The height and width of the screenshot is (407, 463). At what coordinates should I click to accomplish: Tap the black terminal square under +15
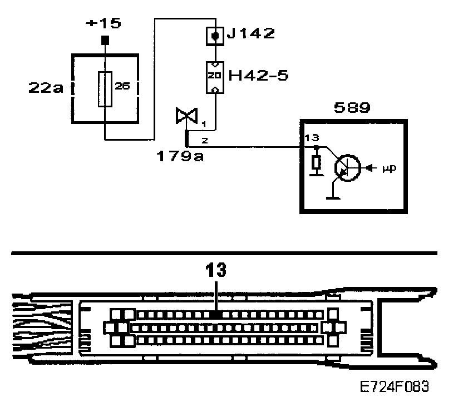tap(105, 41)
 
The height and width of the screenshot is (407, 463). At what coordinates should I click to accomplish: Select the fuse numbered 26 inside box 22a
tap(105, 89)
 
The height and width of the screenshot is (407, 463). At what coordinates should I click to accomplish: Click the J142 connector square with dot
tap(214, 34)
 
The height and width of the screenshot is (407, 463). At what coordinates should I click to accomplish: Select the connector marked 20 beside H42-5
tap(215, 76)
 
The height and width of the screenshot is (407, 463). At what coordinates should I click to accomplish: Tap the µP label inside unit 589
tap(389, 167)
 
